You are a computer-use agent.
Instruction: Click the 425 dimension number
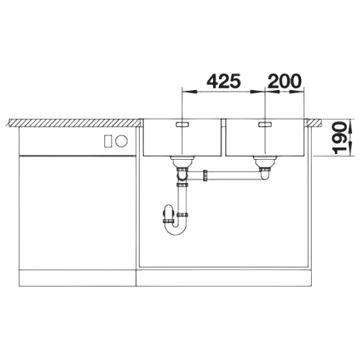tap(223, 81)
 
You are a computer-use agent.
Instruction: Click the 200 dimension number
tap(284, 81)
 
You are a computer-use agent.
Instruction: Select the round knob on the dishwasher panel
tap(121, 141)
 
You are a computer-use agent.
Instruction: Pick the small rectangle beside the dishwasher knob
tap(108, 141)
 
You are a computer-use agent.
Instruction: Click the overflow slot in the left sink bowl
tap(183, 125)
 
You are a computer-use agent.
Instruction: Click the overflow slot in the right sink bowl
tap(265, 125)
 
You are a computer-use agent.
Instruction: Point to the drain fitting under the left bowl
tap(182, 162)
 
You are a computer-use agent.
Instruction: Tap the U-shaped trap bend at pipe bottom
tap(176, 229)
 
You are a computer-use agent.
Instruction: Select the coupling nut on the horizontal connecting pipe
tap(205, 176)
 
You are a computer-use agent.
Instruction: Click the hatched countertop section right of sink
tap(314, 122)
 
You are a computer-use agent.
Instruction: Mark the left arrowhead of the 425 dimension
tap(189, 91)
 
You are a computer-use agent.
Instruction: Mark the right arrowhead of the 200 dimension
tap(297, 91)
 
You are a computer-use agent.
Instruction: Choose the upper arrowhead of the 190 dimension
tap(350, 125)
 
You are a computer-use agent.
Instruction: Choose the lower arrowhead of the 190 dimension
tap(350, 149)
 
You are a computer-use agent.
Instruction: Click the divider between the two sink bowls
tap(223, 138)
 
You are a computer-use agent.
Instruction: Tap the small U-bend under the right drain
tap(264, 176)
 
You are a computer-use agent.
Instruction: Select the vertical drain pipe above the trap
tap(182, 200)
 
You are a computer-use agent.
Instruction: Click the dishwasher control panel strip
tap(77, 141)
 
